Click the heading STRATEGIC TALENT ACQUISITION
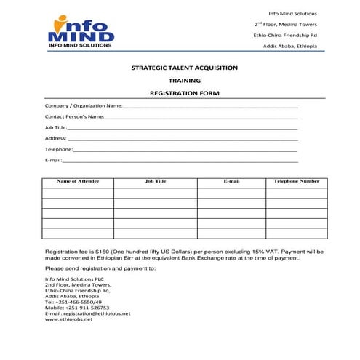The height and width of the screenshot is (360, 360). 184,67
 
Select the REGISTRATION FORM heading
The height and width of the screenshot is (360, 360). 184,94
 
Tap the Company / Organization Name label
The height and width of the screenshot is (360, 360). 84,106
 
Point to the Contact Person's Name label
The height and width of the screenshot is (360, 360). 75,116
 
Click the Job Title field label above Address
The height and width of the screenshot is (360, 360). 55,127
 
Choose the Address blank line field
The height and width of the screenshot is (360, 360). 183,138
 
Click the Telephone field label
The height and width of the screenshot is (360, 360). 58,149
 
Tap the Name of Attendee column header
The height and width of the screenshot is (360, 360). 78,181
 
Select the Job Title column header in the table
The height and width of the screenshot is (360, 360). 156,181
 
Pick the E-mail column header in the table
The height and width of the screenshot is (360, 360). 231,181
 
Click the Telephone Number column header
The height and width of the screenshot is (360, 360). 296,181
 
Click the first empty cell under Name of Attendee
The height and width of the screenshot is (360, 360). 78,193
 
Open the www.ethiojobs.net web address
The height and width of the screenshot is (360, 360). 69,319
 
